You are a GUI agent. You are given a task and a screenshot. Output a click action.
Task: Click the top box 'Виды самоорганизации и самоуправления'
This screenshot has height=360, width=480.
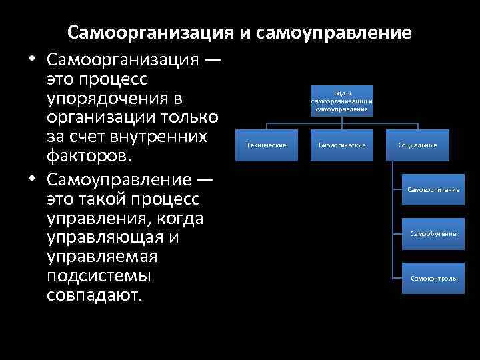(342, 102)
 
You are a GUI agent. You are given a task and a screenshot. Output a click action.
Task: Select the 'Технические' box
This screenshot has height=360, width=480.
(266, 145)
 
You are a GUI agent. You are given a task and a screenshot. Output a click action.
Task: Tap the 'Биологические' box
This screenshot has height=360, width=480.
(342, 145)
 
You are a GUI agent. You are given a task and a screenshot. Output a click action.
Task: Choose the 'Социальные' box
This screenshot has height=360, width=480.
(417, 145)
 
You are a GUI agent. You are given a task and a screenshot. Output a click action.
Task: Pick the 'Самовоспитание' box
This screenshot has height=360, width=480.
(433, 190)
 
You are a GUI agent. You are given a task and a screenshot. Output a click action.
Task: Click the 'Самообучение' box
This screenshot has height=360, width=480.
(433, 234)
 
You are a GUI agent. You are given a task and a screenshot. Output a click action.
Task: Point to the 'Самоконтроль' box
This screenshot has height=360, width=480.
(433, 278)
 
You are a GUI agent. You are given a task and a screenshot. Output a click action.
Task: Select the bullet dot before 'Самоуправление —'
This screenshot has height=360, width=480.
(32, 181)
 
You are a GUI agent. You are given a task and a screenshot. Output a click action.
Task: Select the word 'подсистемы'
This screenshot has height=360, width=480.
(99, 275)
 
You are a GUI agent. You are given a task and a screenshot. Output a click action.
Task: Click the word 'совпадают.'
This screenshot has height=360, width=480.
(95, 295)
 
